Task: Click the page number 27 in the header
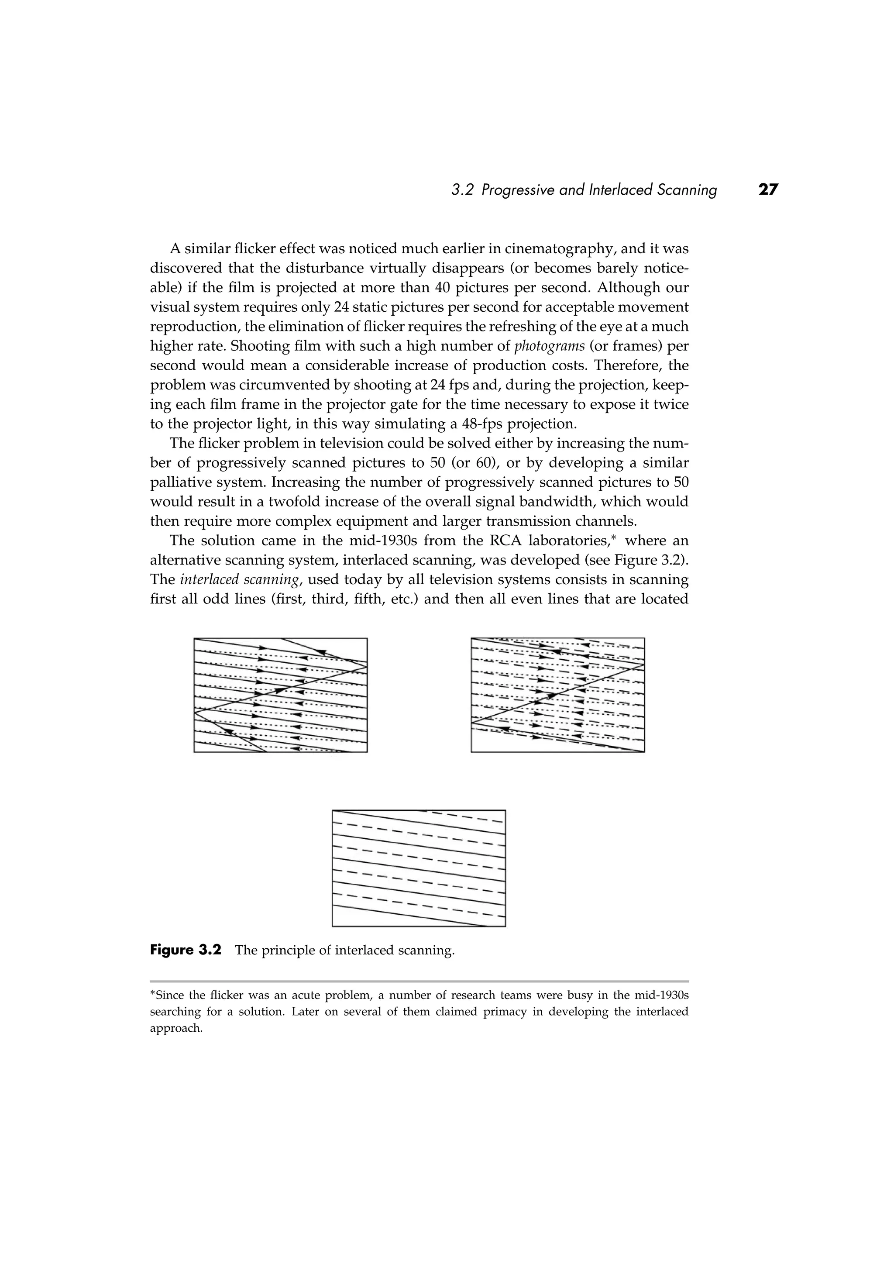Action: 768,190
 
